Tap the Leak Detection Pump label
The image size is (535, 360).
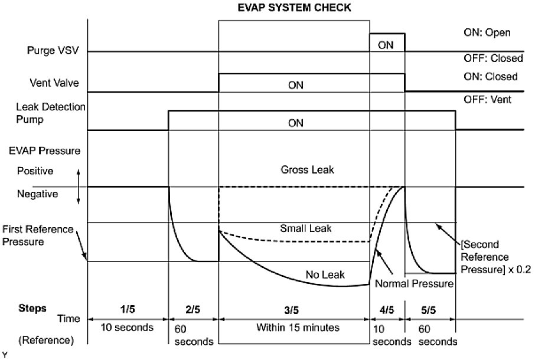tap(51, 112)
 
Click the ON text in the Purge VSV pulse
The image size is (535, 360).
tap(386, 44)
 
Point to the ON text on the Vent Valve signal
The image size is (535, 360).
tap(295, 85)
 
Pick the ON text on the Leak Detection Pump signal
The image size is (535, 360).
tap(295, 123)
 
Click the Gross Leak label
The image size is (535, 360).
tap(308, 170)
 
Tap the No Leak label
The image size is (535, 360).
tap(325, 274)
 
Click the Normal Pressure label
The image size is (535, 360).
tap(414, 284)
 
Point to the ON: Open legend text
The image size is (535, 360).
tap(487, 33)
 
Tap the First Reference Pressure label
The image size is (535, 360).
tap(38, 235)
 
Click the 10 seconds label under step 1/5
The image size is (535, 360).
tap(125, 326)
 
